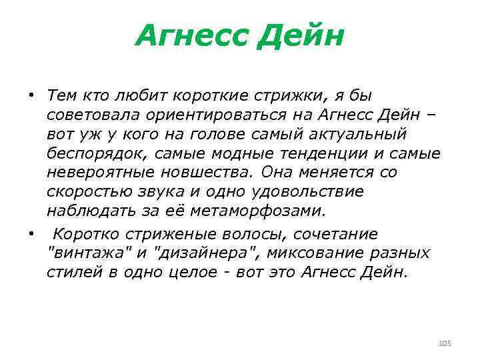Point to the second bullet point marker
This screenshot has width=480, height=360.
pos(31,233)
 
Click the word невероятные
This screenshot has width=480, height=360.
pos(101,173)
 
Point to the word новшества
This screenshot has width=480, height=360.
pos(209,173)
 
